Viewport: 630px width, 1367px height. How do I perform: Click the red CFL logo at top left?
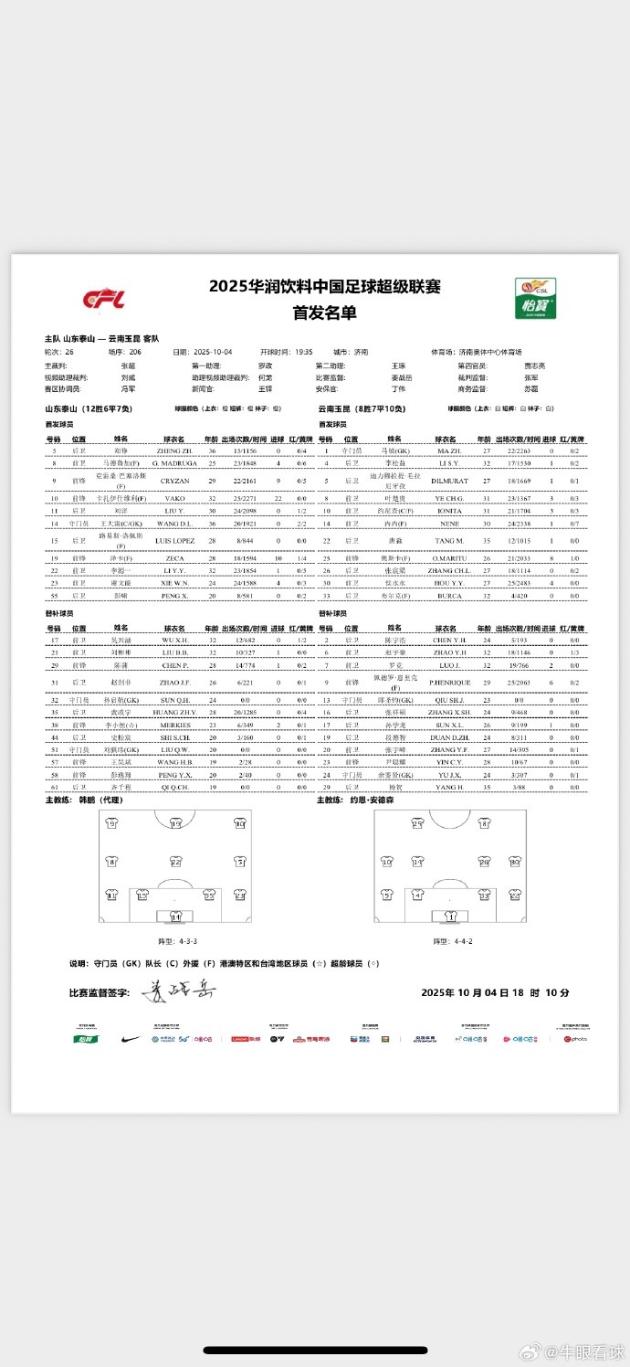tap(103, 299)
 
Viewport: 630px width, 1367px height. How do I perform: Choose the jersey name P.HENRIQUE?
tap(447, 683)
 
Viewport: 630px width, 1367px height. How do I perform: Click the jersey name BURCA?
tap(447, 595)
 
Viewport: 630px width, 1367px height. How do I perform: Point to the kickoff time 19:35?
tap(304, 351)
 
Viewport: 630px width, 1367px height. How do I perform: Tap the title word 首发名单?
tap(324, 312)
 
